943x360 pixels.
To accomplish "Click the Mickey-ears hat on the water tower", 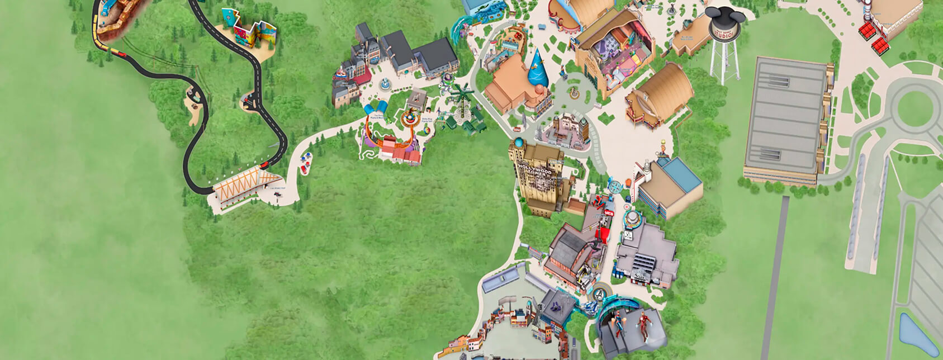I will (x=726, y=20).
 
